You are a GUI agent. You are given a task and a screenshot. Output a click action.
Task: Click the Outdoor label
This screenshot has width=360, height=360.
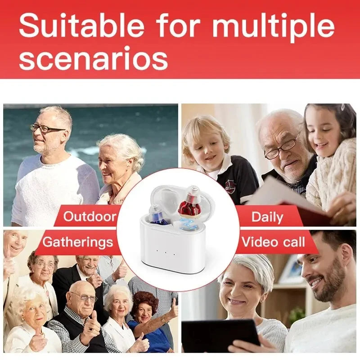click(x=90, y=216)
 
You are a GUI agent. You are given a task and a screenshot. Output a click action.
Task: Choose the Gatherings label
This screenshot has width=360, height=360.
click(x=77, y=243)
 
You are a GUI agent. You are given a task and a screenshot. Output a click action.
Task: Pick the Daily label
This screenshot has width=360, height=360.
click(x=267, y=217)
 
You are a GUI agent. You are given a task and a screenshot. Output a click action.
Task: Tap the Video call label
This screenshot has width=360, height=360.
click(x=273, y=243)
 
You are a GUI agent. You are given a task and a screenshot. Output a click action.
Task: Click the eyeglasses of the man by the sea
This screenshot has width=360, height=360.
click(x=47, y=129)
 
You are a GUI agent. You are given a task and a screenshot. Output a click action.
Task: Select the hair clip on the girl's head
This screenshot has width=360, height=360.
click(x=343, y=108)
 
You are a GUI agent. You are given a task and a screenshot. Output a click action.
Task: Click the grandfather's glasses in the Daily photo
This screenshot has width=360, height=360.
click(x=281, y=149)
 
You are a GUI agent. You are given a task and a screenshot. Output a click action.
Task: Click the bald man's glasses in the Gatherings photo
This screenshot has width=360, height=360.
click(x=84, y=297)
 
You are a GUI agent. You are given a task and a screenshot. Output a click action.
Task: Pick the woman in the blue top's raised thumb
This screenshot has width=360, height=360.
click(x=174, y=302)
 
